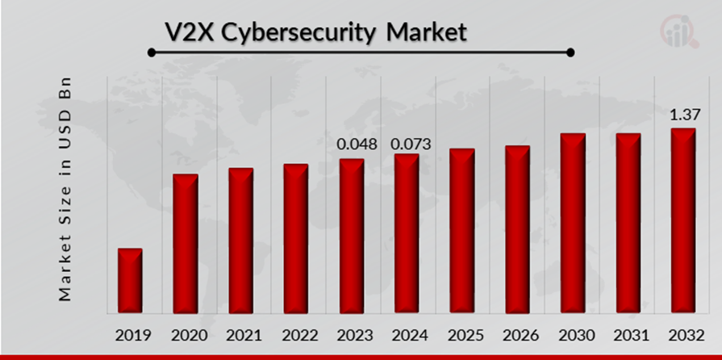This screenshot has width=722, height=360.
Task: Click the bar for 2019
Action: (130, 281)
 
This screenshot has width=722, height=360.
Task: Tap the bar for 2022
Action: (295, 239)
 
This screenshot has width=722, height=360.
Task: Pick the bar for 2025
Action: (461, 231)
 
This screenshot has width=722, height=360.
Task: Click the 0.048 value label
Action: (356, 144)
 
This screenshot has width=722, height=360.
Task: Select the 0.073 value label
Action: (411, 144)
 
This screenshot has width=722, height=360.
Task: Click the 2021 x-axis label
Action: (240, 335)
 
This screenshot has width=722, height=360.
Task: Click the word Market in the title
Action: (426, 33)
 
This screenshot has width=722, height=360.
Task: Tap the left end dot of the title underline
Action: (151, 53)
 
